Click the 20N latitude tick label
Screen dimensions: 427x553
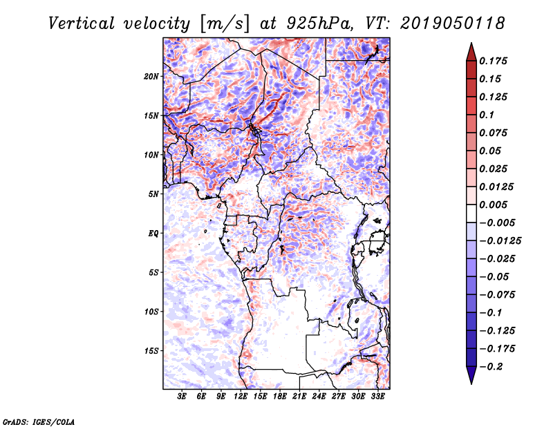[151, 76]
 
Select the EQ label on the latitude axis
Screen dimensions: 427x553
[153, 233]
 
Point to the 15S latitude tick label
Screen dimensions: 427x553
[151, 351]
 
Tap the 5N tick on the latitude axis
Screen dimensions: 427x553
[153, 193]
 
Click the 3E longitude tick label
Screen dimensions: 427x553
[182, 397]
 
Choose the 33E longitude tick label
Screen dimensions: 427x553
[378, 397]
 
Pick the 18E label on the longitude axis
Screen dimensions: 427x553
[280, 397]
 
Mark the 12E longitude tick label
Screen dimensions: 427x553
[241, 397]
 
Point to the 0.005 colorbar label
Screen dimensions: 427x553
[496, 205]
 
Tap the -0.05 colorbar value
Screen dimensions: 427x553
[496, 276]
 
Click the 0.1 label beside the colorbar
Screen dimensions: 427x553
[487, 115]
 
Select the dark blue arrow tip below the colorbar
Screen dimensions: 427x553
[471, 377]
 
